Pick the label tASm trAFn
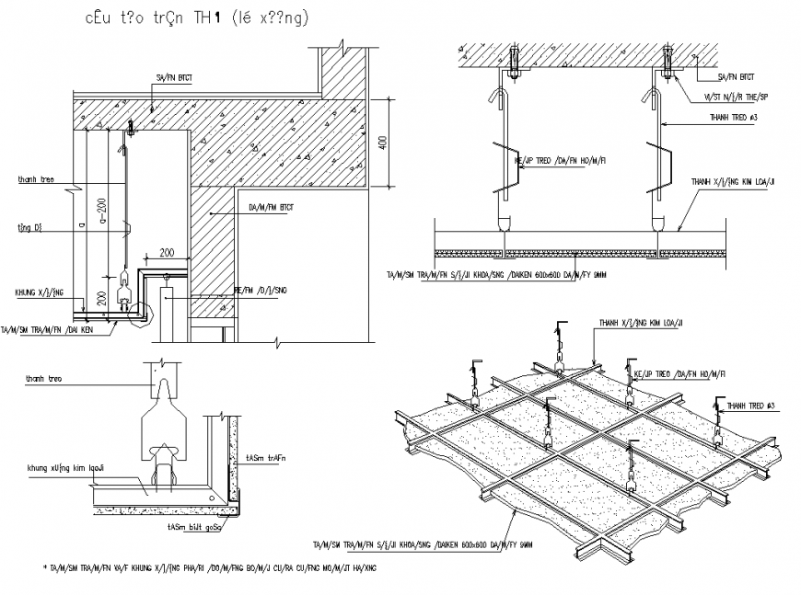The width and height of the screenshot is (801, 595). pos(265,457)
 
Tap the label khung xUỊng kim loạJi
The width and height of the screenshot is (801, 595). pos(67,467)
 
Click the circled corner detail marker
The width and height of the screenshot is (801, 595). pos(138,315)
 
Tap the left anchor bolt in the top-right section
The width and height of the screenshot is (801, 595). pos(512,60)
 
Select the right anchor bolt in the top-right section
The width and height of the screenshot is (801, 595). pos(667,60)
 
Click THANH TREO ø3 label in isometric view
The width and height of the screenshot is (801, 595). pos(751,405)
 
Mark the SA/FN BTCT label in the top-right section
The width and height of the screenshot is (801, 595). pos(735,77)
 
